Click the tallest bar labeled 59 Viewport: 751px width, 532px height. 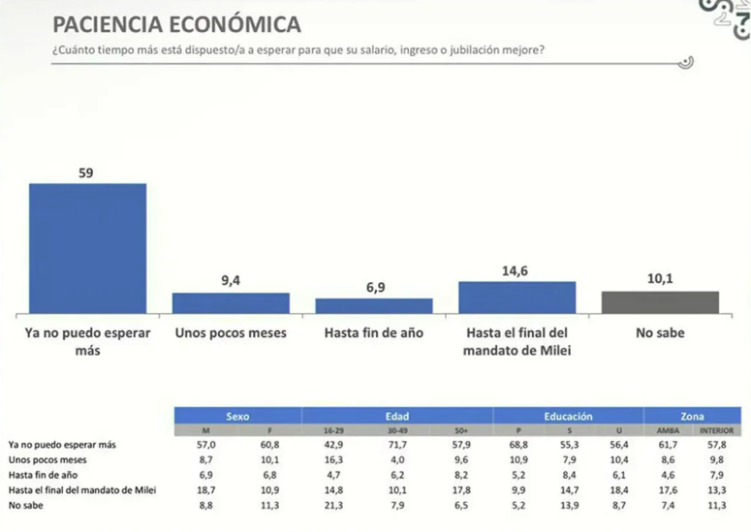point(87,247)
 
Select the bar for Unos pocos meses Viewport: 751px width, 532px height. point(231,302)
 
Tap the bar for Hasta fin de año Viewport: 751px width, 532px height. point(374,305)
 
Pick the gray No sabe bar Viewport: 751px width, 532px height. point(660,301)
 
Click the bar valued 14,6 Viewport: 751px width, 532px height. point(516,297)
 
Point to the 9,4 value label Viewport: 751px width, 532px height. point(231,281)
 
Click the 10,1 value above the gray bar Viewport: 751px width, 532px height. point(660,279)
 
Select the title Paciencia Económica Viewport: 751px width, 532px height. point(175,24)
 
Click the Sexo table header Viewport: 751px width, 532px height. point(236,415)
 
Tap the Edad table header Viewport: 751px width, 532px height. point(397,415)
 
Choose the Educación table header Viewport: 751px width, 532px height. point(568,415)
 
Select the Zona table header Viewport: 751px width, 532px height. point(692,415)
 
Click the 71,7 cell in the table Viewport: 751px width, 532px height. point(397,443)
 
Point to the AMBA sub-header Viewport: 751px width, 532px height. point(668,429)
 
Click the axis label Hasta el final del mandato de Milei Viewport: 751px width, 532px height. point(516,341)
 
